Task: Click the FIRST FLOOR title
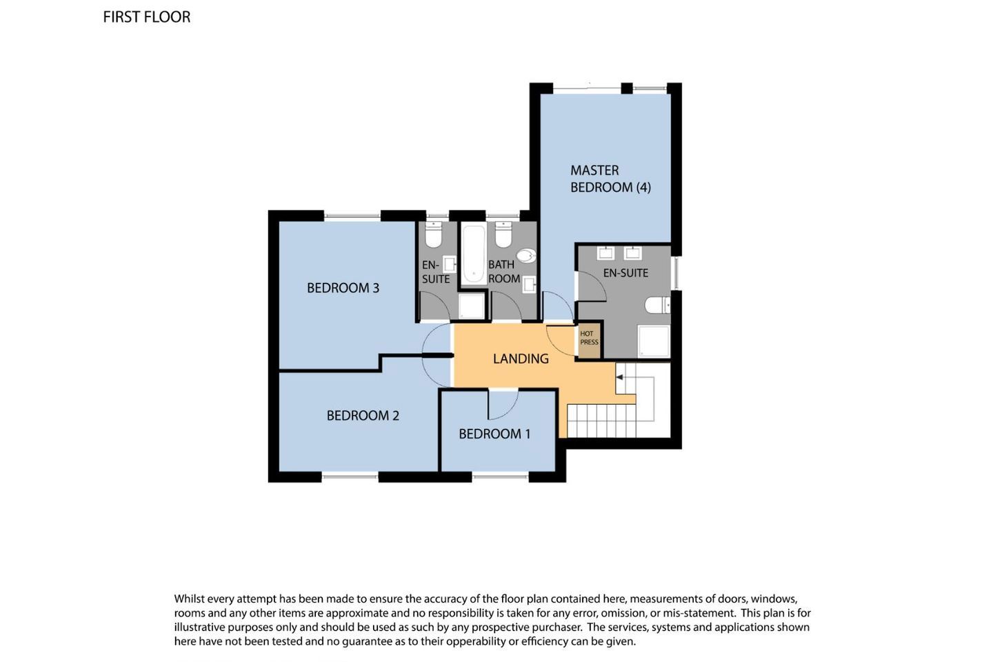tap(147, 17)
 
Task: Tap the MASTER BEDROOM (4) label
tap(610, 179)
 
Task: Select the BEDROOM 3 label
tap(343, 288)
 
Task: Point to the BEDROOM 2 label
tap(363, 415)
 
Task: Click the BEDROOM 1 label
tap(494, 434)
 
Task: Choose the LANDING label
tap(521, 359)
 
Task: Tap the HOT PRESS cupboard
tap(589, 340)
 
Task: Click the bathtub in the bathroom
tap(474, 254)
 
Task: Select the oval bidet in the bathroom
tap(526, 256)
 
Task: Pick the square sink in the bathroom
tap(530, 284)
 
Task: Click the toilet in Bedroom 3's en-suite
tap(433, 235)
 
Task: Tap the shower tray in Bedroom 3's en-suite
tap(471, 306)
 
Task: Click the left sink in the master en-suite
tap(605, 253)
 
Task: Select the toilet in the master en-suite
tap(657, 305)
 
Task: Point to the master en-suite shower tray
tap(654, 341)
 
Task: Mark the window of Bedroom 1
tap(500, 477)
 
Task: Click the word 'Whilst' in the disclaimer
tap(189, 599)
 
